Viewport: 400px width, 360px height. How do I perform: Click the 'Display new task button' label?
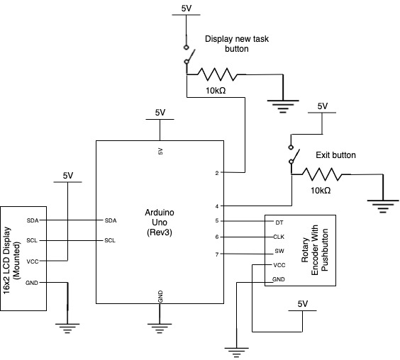coord(237,44)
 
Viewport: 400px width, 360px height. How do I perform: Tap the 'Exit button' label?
coord(335,155)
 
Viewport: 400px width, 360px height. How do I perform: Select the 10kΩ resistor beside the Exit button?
coord(322,174)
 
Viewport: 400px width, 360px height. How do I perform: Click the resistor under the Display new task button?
coord(217,74)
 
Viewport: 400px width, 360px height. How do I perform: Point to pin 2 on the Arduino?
coord(217,173)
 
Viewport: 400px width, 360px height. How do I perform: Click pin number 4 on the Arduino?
coord(217,206)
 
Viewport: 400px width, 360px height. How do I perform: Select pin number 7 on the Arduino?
coord(217,254)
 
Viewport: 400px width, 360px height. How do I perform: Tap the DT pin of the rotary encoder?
coord(279,223)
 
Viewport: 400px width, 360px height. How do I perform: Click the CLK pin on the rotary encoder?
coord(279,237)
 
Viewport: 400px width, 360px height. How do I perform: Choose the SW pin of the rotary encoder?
coord(279,251)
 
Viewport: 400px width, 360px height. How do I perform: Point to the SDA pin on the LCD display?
coord(33,220)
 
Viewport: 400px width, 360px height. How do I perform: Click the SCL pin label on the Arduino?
coord(110,240)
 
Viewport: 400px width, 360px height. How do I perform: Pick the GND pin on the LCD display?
coord(32,283)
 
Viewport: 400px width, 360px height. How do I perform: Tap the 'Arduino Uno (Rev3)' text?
coord(160,223)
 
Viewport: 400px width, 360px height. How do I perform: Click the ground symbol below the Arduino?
coord(160,328)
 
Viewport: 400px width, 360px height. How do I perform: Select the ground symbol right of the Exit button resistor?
coord(383,206)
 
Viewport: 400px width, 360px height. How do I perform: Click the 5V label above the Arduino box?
coord(160,113)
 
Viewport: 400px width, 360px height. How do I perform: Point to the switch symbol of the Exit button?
coord(293,154)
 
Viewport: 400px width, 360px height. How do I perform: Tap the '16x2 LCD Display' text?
coord(7,260)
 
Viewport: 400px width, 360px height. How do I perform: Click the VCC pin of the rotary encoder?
coord(279,266)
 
